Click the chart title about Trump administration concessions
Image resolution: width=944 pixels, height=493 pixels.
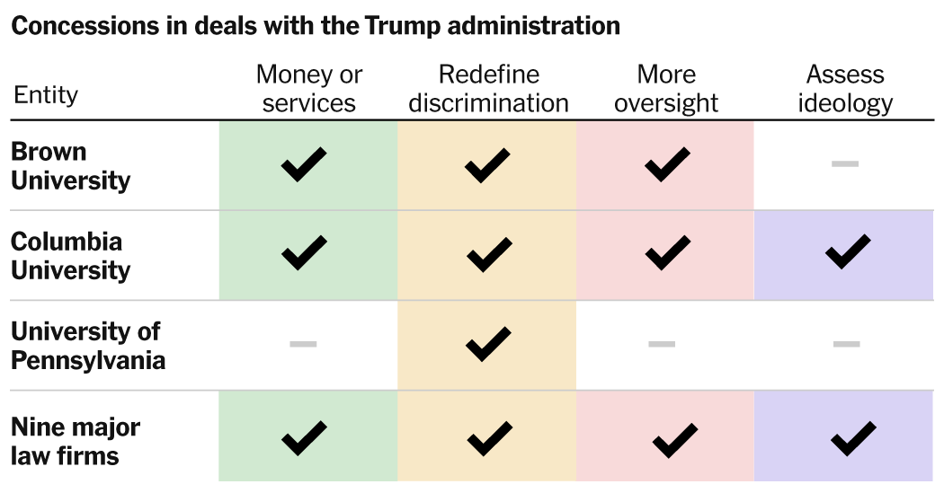click(x=316, y=26)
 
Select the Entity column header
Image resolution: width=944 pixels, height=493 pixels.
click(x=46, y=94)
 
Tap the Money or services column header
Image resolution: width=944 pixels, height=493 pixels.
click(x=308, y=88)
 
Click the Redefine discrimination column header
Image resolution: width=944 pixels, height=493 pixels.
click(x=488, y=88)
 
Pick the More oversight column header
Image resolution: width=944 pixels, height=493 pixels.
click(x=666, y=88)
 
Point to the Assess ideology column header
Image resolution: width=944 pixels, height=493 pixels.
click(x=845, y=88)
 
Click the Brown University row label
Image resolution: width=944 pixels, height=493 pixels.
click(x=70, y=166)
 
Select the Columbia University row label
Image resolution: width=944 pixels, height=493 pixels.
click(x=70, y=256)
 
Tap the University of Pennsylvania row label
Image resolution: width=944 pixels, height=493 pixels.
click(x=87, y=346)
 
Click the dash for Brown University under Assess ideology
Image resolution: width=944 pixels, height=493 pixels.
click(x=845, y=163)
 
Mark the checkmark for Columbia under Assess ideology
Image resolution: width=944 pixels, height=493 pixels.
click(x=847, y=251)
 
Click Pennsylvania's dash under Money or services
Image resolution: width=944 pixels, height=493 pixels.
click(x=303, y=343)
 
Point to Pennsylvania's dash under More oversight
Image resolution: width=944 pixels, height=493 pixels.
click(x=662, y=343)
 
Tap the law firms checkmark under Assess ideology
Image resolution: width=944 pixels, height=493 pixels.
click(x=853, y=438)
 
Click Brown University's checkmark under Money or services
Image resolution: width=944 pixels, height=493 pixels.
click(x=303, y=165)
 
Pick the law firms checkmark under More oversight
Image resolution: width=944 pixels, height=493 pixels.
click(x=674, y=439)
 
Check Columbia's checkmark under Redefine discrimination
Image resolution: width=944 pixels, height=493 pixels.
click(x=488, y=256)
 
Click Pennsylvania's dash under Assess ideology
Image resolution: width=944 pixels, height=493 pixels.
click(x=846, y=343)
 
